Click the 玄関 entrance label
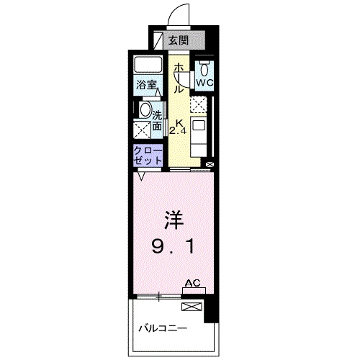[x=177, y=40]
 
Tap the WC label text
[x=204, y=83]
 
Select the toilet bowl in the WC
[x=205, y=68]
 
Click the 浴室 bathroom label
[x=148, y=84]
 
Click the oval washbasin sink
[x=145, y=111]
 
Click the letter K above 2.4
[x=178, y=122]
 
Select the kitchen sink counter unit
[x=199, y=132]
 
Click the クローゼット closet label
[x=147, y=155]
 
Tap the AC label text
[x=192, y=284]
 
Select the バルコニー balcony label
[x=163, y=330]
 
